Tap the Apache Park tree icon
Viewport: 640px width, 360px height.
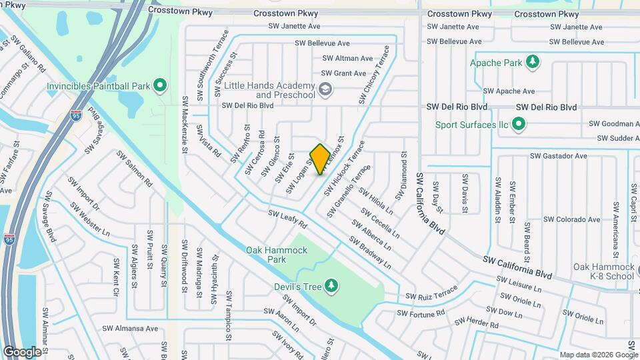[x=532, y=63]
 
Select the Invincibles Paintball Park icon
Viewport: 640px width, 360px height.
[x=159, y=86]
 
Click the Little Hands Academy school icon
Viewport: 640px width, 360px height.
[x=325, y=89]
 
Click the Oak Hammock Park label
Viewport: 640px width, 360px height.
[x=277, y=250]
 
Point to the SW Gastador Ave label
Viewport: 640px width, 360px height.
[x=558, y=156]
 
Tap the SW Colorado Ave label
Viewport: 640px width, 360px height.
[x=571, y=219]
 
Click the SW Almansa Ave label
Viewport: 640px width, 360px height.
[x=129, y=329]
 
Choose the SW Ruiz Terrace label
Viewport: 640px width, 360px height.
[x=432, y=294]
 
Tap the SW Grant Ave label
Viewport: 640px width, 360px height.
[x=343, y=73]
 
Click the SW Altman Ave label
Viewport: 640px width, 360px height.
[x=348, y=59]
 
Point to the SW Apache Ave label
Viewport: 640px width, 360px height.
[x=509, y=91]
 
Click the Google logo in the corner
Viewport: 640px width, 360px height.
[x=22, y=351]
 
